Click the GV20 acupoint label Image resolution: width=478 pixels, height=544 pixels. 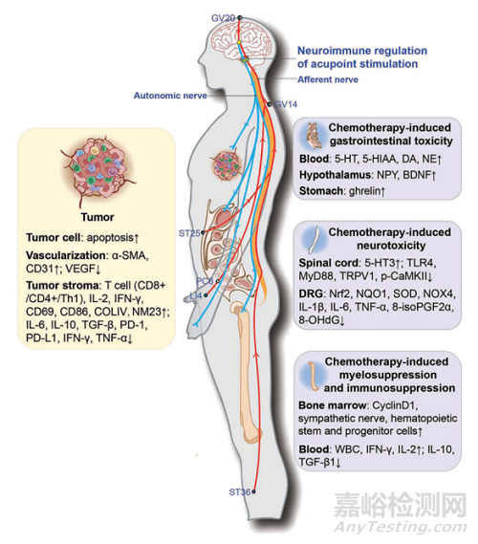pos(224,18)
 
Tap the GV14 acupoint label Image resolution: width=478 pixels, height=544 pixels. pos(286,104)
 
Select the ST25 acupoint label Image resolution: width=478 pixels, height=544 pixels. pos(189,233)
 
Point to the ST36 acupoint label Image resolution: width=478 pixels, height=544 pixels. pos(240,492)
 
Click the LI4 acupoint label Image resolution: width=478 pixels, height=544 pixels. pos(196,296)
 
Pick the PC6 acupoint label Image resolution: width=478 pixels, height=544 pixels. pos(205,281)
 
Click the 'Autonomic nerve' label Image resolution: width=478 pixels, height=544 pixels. pos(170,96)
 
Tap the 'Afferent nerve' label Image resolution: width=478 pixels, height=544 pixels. pos(328,79)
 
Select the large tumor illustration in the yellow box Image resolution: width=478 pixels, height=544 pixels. pos(98,170)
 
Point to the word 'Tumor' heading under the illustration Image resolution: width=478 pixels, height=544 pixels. pos(98,218)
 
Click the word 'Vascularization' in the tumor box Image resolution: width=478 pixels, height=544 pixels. pos(66,255)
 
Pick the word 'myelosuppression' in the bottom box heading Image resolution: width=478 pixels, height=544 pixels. pos(388,375)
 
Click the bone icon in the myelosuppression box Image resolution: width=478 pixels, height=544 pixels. pos(313,376)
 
